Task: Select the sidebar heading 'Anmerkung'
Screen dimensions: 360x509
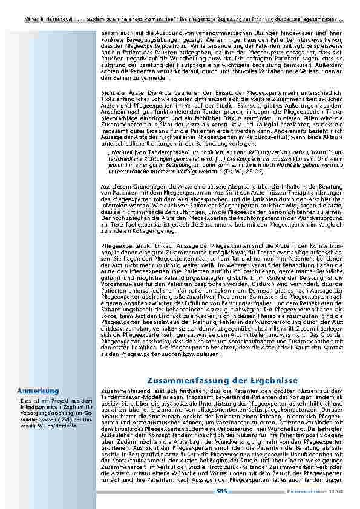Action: point(38,390)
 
